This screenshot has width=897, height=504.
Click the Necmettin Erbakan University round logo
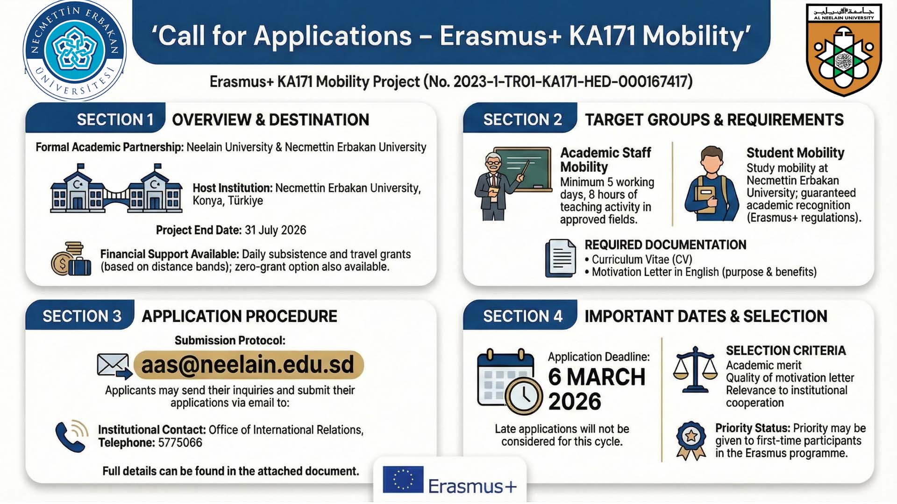tap(75, 50)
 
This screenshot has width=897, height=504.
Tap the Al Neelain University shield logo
tap(844, 49)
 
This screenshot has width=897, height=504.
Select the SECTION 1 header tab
tap(96, 119)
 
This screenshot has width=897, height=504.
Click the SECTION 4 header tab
tap(520, 316)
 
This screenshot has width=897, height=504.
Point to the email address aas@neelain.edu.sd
tap(248, 364)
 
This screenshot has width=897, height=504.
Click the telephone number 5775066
tap(180, 442)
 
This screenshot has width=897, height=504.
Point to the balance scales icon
tap(695, 370)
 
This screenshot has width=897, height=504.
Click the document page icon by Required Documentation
tap(561, 258)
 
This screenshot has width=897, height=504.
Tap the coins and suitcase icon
tap(71, 259)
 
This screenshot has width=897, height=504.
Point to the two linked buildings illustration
tap(116, 189)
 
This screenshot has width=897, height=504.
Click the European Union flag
tap(403, 480)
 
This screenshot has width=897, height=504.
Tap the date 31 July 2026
tap(275, 230)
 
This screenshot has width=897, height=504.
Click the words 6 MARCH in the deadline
tap(597, 377)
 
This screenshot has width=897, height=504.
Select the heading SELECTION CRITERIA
tap(786, 350)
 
